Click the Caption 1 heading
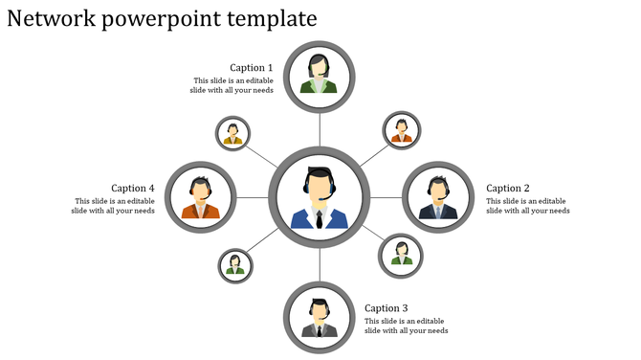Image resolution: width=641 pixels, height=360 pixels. [x=252, y=68]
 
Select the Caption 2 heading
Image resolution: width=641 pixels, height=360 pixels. [x=507, y=189]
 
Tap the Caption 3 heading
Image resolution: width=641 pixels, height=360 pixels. [x=387, y=308]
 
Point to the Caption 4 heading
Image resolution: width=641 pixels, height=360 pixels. [x=133, y=189]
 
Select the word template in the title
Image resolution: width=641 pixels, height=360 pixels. [x=271, y=19]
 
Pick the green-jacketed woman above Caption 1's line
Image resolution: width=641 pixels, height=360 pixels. [x=319, y=74]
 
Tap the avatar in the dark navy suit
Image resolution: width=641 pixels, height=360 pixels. [x=438, y=198]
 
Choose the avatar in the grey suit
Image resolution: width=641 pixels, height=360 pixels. [x=320, y=317]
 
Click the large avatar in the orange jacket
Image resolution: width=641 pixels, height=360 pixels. [x=200, y=198]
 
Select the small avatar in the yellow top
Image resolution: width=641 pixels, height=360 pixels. [x=232, y=133]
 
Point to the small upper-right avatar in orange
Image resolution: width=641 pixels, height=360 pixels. [x=402, y=129]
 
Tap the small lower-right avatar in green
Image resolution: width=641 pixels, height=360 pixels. [x=402, y=254]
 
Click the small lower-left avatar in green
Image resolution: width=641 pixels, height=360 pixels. [x=234, y=265]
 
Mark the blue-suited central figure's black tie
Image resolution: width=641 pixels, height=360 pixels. [x=319, y=219]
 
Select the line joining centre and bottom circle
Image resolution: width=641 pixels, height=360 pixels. [x=320, y=264]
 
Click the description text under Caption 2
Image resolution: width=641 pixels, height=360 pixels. [x=527, y=206]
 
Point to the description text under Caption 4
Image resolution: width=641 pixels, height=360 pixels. [x=113, y=206]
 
